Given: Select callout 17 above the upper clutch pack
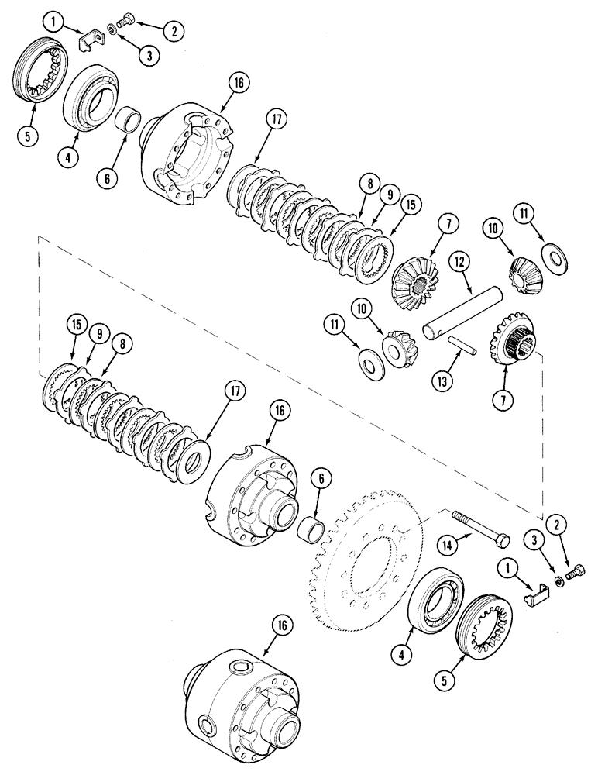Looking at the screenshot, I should [x=256, y=120].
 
